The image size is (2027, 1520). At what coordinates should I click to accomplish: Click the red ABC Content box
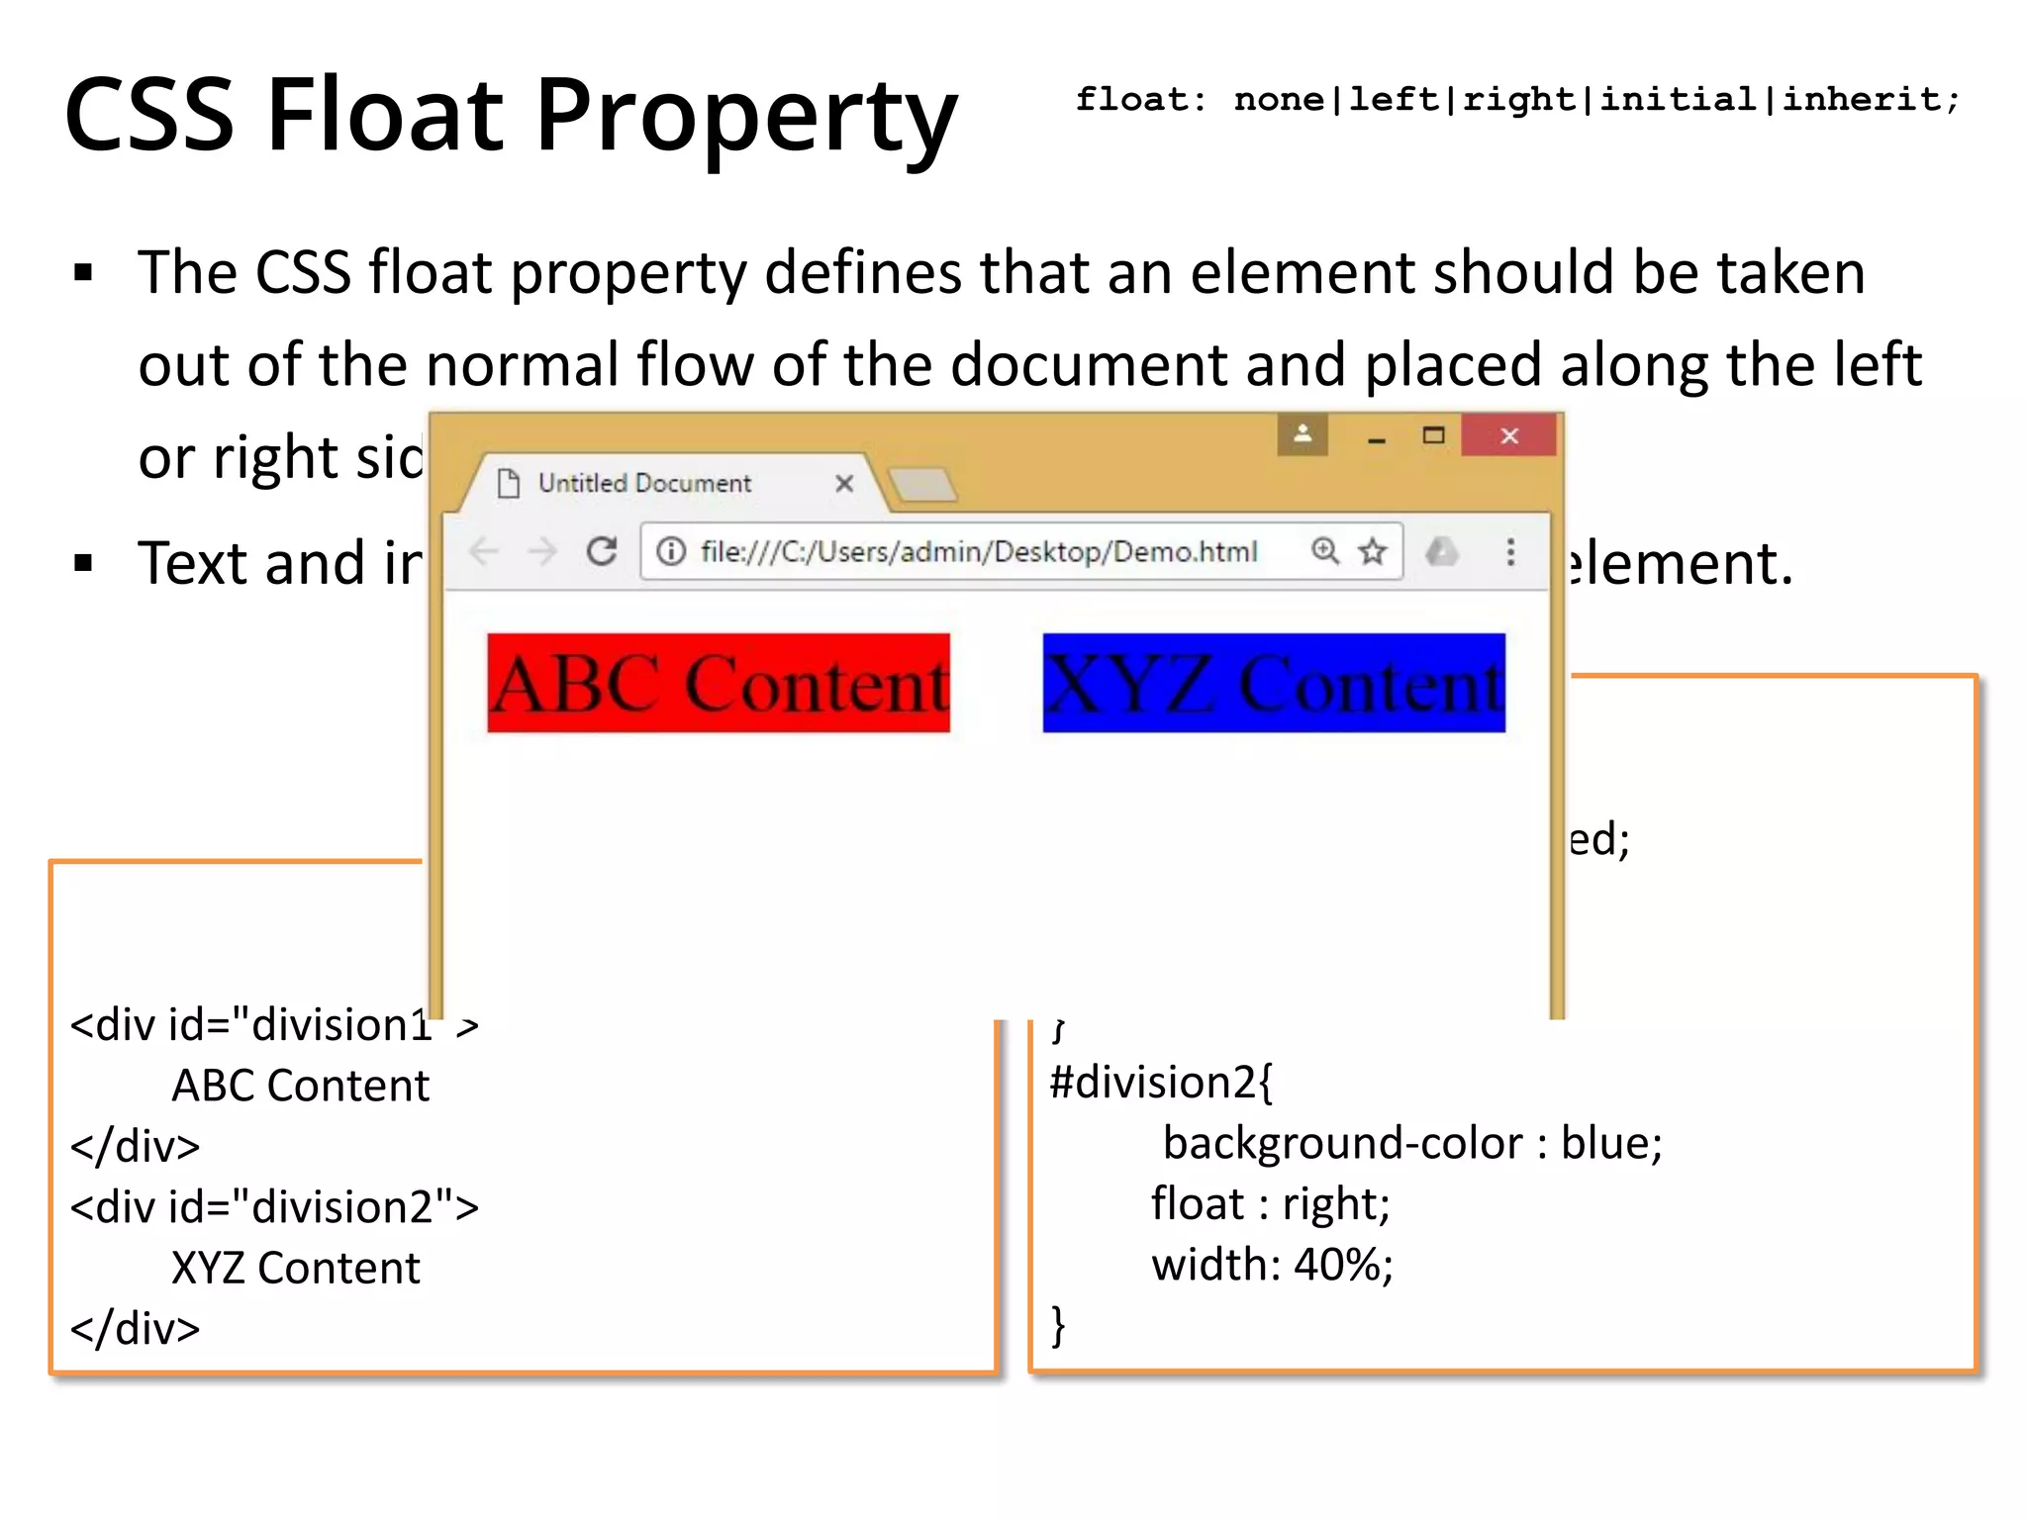pyautogui.click(x=719, y=683)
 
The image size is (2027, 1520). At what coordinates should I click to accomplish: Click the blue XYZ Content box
pyautogui.click(x=1274, y=683)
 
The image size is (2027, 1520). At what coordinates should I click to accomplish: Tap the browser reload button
pyautogui.click(x=602, y=551)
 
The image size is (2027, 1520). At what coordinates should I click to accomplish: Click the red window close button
pyautogui.click(x=1508, y=435)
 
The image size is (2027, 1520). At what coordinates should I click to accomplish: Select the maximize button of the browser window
pyautogui.click(x=1433, y=435)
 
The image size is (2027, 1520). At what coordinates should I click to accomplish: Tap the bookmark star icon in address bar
pyautogui.click(x=1372, y=551)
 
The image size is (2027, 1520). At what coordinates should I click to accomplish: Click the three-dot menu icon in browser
pyautogui.click(x=1510, y=551)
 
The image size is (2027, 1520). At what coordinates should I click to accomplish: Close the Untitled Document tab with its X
pyautogui.click(x=844, y=483)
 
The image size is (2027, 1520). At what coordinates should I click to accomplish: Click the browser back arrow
pyautogui.click(x=484, y=551)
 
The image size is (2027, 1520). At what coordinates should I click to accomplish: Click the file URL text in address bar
pyautogui.click(x=978, y=551)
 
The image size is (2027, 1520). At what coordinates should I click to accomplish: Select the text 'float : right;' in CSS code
pyautogui.click(x=1270, y=1203)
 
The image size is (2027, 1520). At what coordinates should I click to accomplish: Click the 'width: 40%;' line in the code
pyautogui.click(x=1272, y=1265)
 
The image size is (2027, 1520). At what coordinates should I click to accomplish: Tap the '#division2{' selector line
pyautogui.click(x=1161, y=1082)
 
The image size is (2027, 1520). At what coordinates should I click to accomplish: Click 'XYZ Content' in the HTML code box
pyautogui.click(x=295, y=1268)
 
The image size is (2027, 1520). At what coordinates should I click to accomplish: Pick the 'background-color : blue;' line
pyautogui.click(x=1411, y=1143)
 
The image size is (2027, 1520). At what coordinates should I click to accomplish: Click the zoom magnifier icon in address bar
pyautogui.click(x=1325, y=550)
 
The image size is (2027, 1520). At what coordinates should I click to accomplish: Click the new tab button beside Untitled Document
pyautogui.click(x=922, y=485)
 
